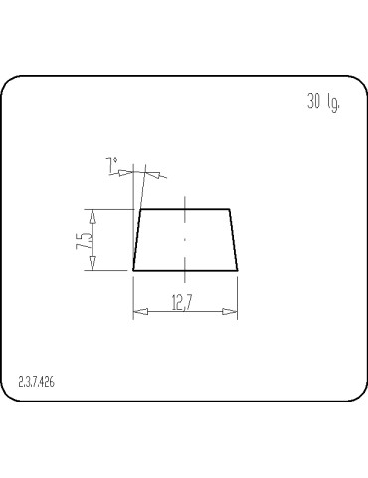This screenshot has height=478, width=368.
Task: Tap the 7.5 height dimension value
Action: coord(85,240)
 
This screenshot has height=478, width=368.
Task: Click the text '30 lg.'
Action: coord(324,103)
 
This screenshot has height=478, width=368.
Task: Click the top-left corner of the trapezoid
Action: coord(140,210)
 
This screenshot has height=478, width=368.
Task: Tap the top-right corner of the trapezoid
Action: coord(230,210)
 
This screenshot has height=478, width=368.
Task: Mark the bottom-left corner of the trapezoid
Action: coord(133,270)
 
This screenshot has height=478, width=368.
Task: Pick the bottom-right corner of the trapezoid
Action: coord(238,270)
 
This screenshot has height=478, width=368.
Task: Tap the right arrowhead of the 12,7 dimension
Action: coord(231,313)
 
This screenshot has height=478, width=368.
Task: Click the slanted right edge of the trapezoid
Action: coord(234,240)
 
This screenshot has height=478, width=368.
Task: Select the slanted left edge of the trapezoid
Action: coord(136,240)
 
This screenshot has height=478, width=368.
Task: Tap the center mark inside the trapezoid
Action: coord(185,240)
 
